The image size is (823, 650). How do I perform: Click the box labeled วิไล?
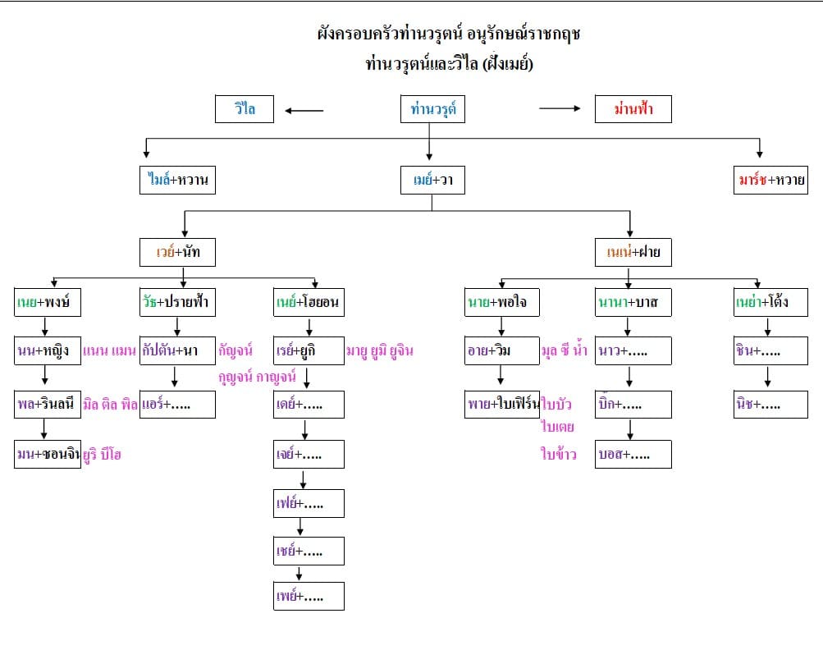pyautogui.click(x=245, y=109)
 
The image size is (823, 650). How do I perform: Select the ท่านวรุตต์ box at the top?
pyautogui.click(x=432, y=109)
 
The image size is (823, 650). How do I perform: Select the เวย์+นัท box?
pyautogui.click(x=178, y=253)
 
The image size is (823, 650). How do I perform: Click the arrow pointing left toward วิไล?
pyautogui.click(x=304, y=111)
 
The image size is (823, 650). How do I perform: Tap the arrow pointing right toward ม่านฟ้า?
pyautogui.click(x=560, y=108)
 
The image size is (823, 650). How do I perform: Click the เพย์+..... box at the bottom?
pyautogui.click(x=309, y=596)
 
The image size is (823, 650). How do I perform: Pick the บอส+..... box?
pyautogui.click(x=633, y=454)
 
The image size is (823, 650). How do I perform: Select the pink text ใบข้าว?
pyautogui.click(x=559, y=454)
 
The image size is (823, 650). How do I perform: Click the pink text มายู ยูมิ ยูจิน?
pyautogui.click(x=379, y=351)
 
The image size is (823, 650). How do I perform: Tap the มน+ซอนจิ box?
pyautogui.click(x=48, y=454)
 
